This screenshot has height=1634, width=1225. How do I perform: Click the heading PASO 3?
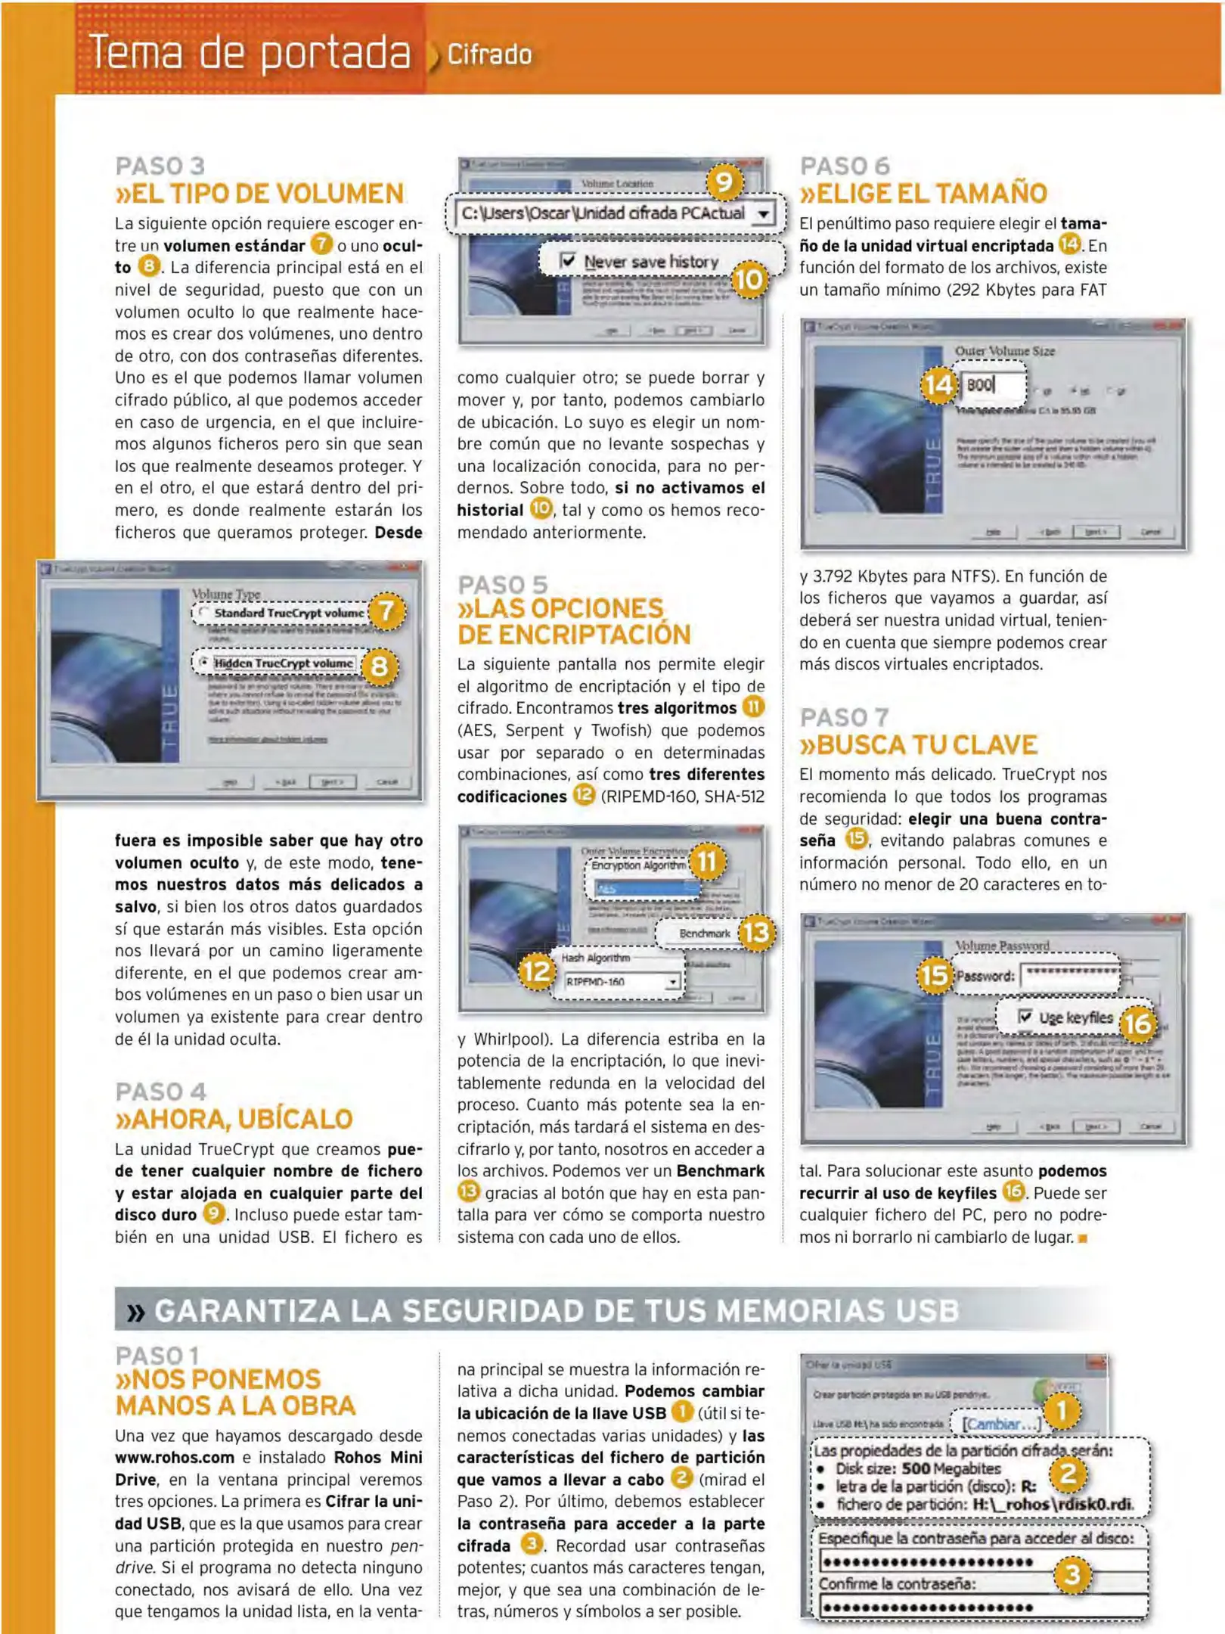(x=160, y=166)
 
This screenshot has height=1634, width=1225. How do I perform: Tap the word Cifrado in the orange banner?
(x=489, y=55)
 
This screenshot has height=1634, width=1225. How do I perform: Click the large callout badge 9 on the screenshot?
(x=724, y=182)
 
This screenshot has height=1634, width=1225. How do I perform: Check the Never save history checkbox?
(x=568, y=261)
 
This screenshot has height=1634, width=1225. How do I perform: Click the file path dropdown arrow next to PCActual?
(x=764, y=214)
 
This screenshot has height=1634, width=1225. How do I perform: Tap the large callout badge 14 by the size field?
(x=938, y=384)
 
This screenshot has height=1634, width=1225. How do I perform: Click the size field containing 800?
(x=992, y=385)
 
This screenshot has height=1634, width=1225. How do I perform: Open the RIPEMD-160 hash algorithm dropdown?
(x=671, y=981)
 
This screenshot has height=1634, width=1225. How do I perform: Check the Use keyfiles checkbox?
(x=1025, y=1016)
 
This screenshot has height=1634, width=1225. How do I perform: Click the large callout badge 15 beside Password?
(x=935, y=974)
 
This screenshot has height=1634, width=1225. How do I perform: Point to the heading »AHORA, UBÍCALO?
(x=234, y=1119)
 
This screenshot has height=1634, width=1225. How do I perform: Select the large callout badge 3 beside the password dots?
(x=1071, y=1574)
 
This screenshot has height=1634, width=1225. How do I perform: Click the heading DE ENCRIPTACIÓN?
(x=574, y=635)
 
